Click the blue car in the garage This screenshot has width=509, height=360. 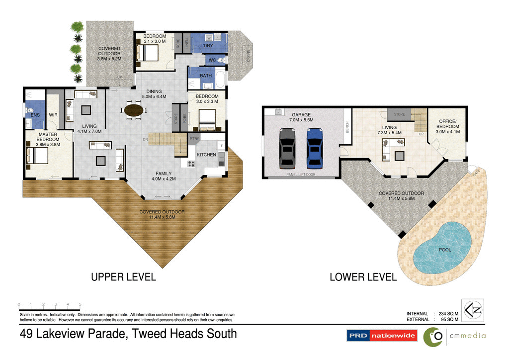pyautogui.click(x=314, y=148)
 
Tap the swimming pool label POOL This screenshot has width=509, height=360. pyautogui.click(x=445, y=250)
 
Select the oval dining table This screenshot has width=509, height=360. pyautogui.click(x=132, y=110)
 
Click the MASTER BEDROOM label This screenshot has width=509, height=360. pyautogui.click(x=48, y=139)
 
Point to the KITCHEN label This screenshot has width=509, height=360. pyautogui.click(x=206, y=155)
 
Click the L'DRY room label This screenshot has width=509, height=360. pyautogui.click(x=206, y=46)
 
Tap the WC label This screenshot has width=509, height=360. pyautogui.click(x=212, y=60)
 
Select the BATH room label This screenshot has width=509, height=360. pyautogui.click(x=206, y=76)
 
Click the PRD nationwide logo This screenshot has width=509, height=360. pyautogui.click(x=382, y=336)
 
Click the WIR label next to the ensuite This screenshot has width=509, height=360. pyautogui.click(x=53, y=115)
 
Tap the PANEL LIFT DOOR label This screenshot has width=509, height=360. pyautogui.click(x=301, y=175)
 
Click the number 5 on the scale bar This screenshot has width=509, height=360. pyautogui.click(x=80, y=304)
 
